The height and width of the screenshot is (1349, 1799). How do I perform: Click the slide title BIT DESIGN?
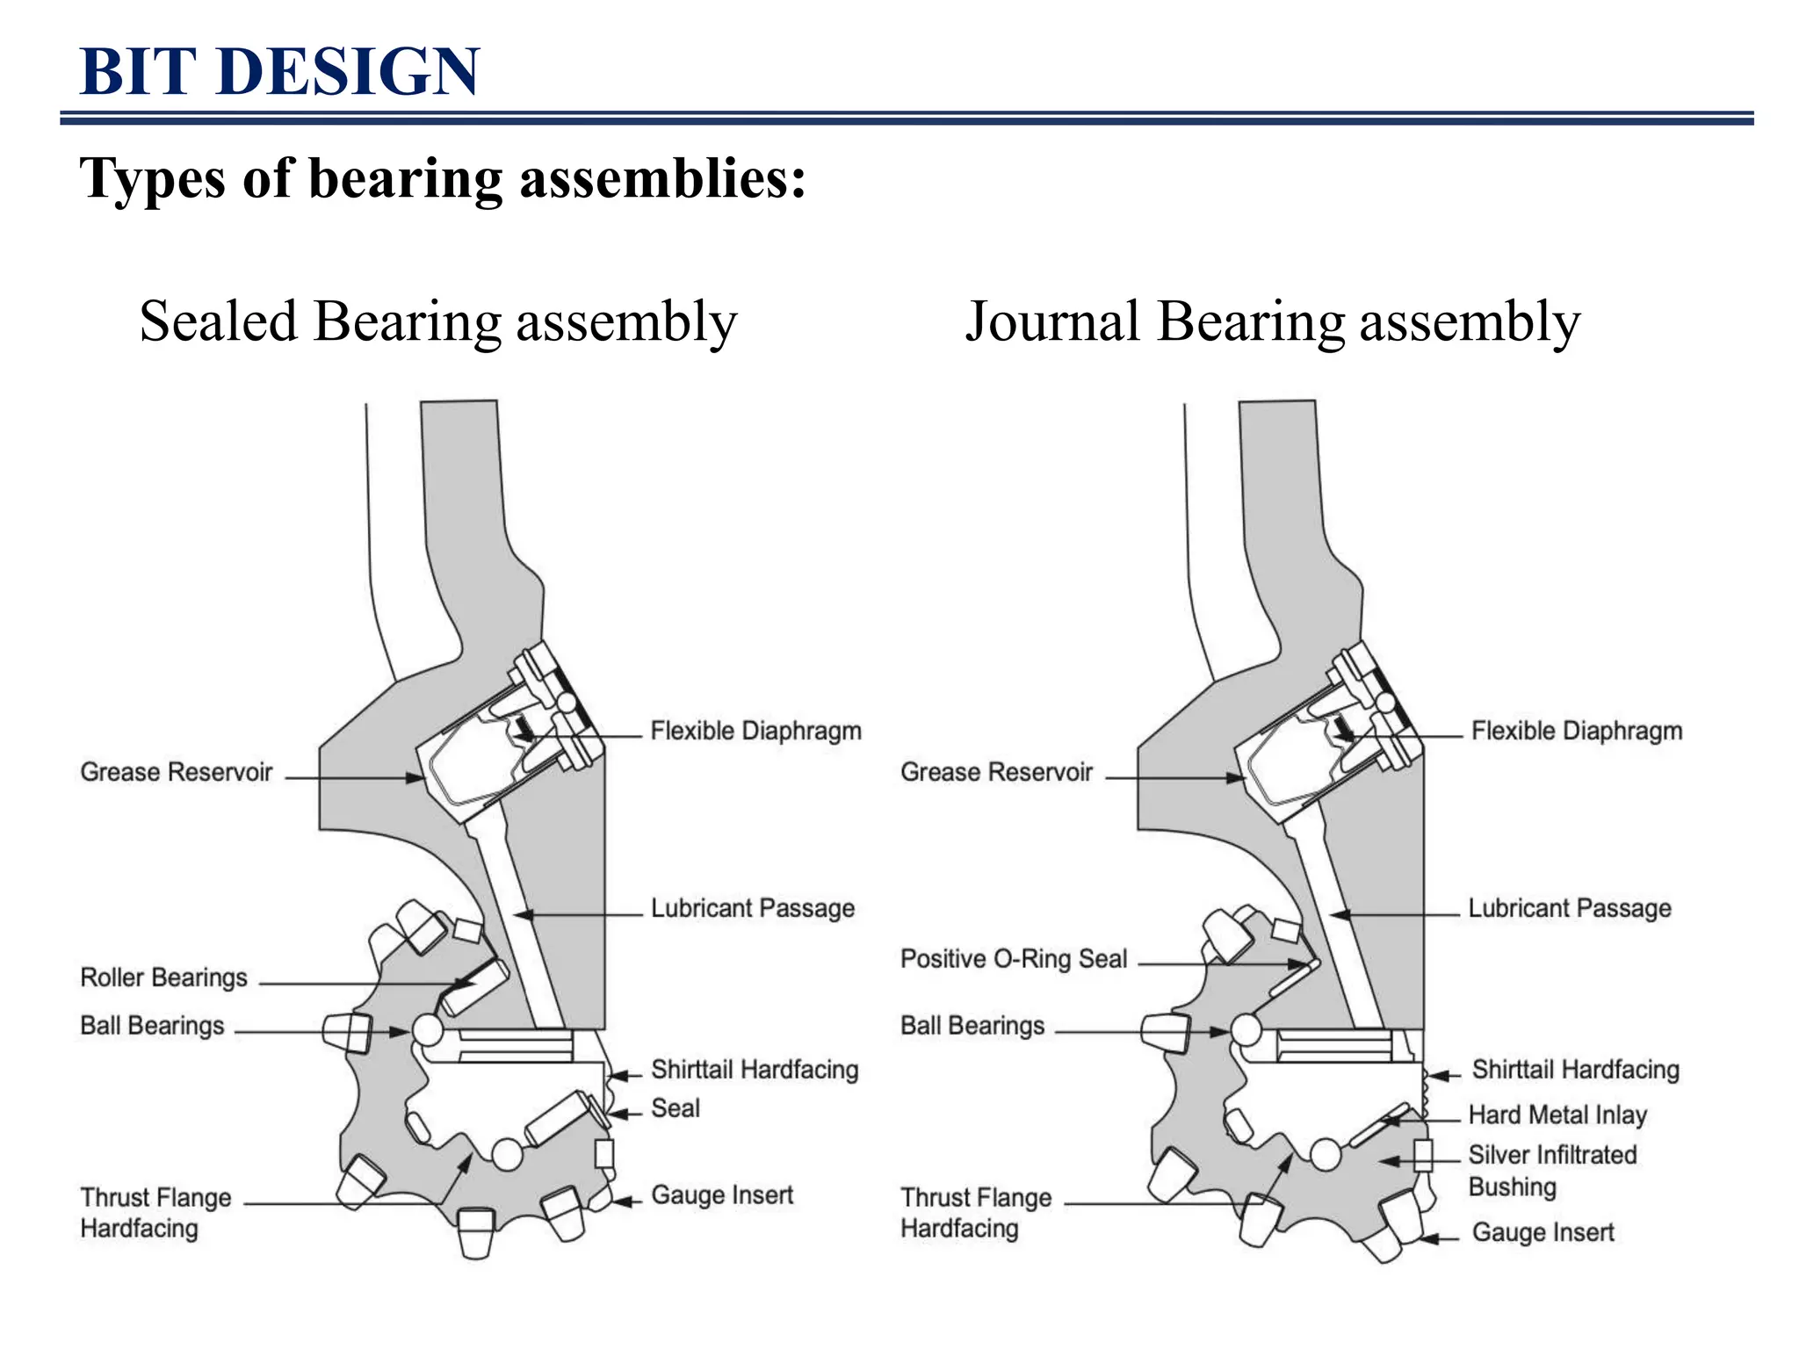coord(279,71)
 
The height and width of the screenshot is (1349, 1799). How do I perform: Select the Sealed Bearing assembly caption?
coord(437,321)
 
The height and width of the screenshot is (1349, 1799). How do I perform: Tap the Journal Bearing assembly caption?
coord(1272,321)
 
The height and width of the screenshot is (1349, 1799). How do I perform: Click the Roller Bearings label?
coord(163,977)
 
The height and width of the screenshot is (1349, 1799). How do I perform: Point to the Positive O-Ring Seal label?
coord(1013,958)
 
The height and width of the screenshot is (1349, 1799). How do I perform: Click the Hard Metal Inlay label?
coord(1557,1115)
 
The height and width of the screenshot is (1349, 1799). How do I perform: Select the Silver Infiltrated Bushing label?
coord(1551,1170)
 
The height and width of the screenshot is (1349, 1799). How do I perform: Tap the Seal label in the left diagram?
coord(675,1108)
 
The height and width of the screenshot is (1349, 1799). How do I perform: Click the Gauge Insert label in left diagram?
coord(721,1194)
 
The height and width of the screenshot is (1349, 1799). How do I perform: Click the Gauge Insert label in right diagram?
coord(1543,1232)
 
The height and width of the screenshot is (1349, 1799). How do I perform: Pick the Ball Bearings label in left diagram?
coord(152,1026)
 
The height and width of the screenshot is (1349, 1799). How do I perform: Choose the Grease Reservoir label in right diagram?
coord(996,772)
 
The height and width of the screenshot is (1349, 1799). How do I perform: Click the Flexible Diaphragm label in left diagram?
coord(755,731)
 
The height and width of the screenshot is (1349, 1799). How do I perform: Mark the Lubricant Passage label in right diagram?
coord(1569,908)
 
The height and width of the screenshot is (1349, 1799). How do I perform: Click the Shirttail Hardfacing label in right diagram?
coord(1575,1070)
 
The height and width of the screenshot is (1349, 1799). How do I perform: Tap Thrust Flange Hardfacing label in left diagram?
coord(155,1212)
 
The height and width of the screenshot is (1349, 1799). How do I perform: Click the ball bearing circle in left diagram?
coord(428,1029)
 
